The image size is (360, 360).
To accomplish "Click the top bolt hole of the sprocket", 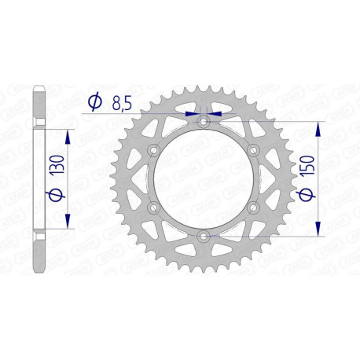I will point(204,122).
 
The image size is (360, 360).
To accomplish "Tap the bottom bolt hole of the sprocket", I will point(204,237).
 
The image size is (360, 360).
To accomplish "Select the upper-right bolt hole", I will point(253,151).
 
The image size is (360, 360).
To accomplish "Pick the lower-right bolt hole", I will point(253,208).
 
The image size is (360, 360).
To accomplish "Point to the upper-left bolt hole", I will point(154,151).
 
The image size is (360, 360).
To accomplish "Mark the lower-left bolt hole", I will point(154,208).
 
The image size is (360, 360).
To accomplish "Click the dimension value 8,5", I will point(122,101).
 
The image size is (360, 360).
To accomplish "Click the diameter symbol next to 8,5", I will point(94,101).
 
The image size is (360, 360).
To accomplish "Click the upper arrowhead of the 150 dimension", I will point(318,127).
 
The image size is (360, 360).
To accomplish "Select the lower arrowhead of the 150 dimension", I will point(318,231).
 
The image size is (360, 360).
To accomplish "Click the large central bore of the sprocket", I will point(204,179).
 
